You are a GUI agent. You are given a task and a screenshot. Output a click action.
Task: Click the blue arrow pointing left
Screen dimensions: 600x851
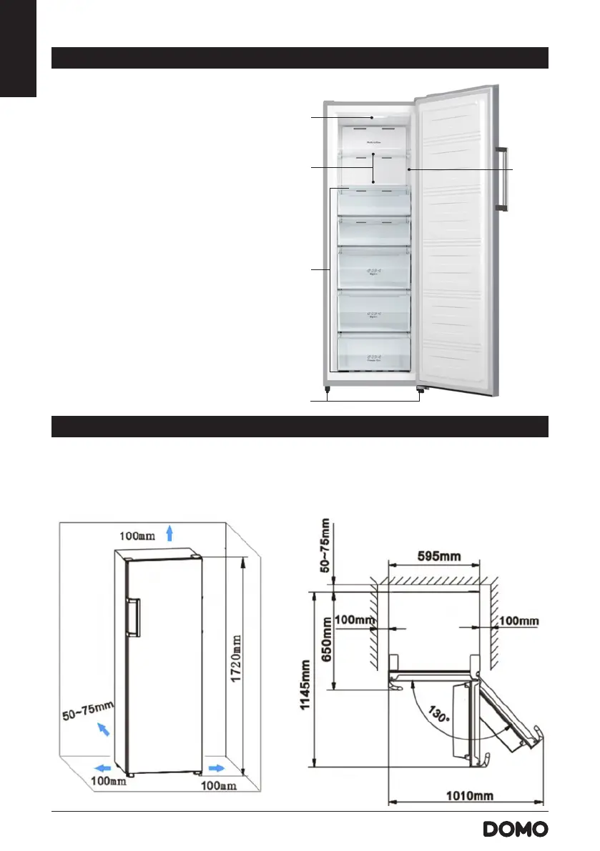[104, 767]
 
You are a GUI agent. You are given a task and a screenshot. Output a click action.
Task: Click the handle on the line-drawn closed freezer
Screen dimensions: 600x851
[134, 618]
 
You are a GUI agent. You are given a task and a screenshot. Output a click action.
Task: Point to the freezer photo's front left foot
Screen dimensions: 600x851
[326, 391]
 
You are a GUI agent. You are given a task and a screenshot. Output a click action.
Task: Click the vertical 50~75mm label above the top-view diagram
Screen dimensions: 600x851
[327, 546]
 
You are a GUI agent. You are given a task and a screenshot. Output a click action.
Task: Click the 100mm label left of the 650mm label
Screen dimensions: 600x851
[355, 620]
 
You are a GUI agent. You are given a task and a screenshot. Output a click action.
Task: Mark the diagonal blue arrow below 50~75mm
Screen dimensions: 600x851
[104, 730]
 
